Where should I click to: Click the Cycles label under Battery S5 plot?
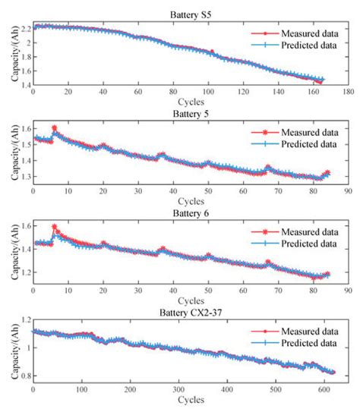[x=190, y=101]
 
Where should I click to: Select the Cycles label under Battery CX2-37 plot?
[x=190, y=399]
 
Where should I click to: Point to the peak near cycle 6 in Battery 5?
[x=54, y=127]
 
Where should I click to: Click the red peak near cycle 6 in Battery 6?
[x=54, y=226]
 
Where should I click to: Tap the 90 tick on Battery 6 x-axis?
[x=347, y=290]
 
